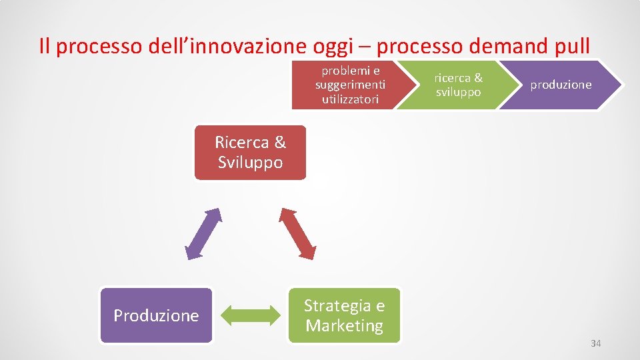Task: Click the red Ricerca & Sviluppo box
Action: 250,153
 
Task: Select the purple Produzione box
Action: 156,315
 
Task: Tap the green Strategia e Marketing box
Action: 344,315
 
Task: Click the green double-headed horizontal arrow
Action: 250,315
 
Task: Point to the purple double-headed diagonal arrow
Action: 203,233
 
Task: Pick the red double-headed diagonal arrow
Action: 297,233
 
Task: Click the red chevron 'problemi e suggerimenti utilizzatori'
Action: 347,85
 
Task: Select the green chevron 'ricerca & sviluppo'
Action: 453,85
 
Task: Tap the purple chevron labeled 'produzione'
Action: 561,85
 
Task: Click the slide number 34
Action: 596,343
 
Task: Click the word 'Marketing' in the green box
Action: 344,325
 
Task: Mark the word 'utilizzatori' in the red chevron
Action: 350,99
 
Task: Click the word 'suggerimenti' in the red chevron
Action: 350,85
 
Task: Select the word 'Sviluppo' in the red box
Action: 250,163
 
